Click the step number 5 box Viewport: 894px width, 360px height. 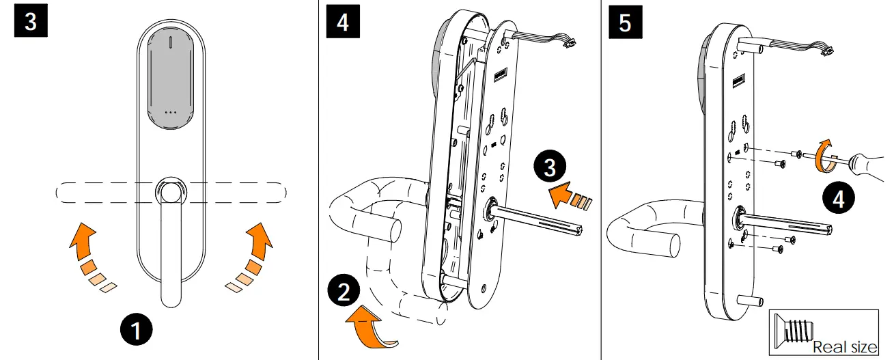(x=625, y=22)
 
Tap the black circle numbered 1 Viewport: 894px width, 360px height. (x=137, y=331)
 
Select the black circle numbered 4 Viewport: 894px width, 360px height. (x=837, y=200)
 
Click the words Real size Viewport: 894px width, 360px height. (x=845, y=347)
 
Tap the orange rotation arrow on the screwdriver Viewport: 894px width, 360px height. (x=823, y=153)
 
